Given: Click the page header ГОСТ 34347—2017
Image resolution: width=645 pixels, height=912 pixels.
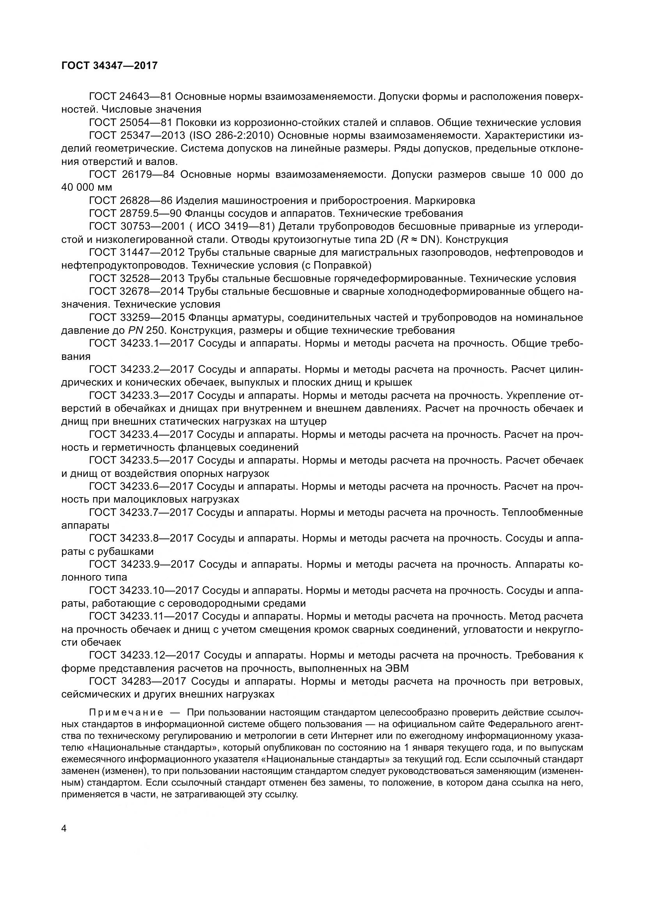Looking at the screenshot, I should click(109, 66).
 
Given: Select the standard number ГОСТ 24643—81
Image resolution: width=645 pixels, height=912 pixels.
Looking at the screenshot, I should click(130, 96).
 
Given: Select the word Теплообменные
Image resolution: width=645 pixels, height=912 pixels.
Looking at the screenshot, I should click(542, 512).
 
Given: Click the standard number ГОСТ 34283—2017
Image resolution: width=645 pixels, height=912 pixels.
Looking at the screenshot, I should click(137, 682).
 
